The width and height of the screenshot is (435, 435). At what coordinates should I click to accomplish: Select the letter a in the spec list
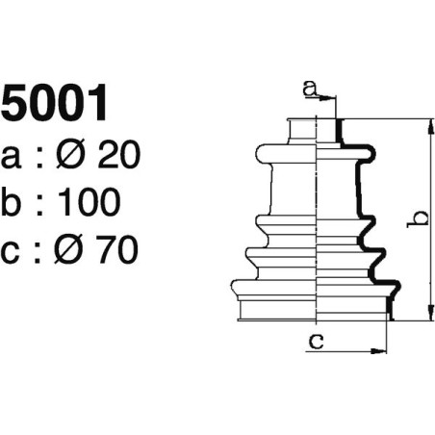13,156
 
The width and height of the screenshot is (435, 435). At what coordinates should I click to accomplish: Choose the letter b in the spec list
13,202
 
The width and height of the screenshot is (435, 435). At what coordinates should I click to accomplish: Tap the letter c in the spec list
13,252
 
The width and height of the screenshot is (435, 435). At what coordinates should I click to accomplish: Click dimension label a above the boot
310,89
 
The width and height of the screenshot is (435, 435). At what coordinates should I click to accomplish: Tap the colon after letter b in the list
41,204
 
